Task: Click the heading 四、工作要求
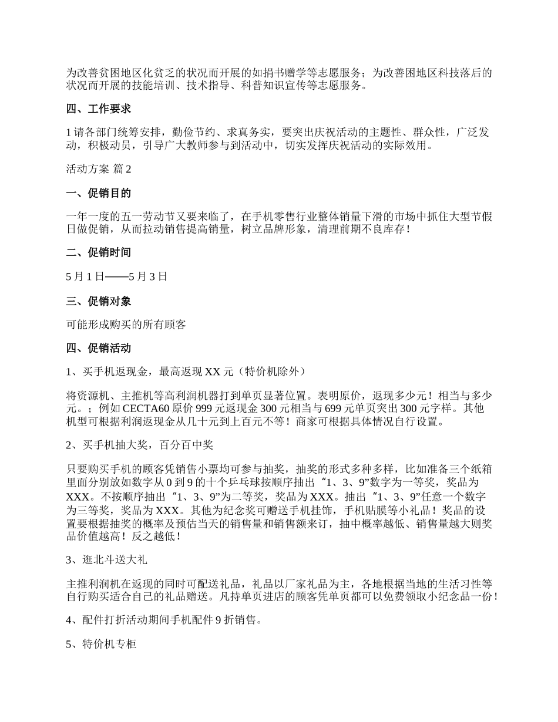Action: click(x=98, y=109)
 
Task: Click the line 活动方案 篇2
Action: click(x=99, y=169)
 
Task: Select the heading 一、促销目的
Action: click(x=98, y=193)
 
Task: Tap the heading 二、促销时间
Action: click(x=98, y=252)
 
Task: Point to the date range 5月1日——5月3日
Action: click(x=117, y=276)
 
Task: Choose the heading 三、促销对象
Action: click(x=98, y=301)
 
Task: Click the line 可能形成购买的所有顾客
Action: click(x=126, y=324)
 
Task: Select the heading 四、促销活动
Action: click(x=98, y=348)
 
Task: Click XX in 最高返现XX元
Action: click(x=212, y=372)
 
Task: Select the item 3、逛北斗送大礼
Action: click(x=107, y=560)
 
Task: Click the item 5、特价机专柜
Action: click(x=102, y=645)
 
